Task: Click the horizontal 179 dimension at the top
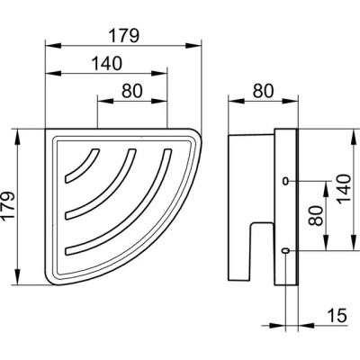point(124,36)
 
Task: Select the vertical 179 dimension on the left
point(8,206)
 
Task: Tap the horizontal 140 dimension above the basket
point(106,63)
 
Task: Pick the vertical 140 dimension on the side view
point(344,189)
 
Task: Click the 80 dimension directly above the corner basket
point(132,91)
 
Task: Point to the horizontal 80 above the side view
point(264,91)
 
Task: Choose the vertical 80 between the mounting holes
point(316,215)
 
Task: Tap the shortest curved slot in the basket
point(82,165)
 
